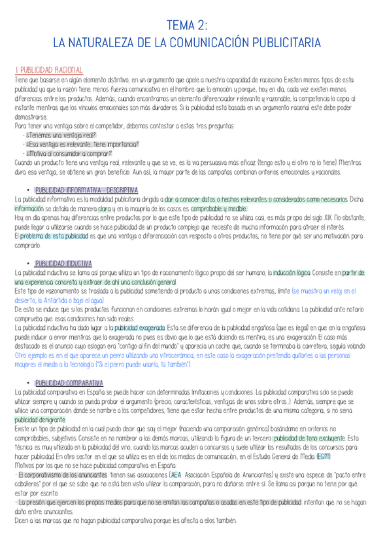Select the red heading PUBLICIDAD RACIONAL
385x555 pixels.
pos(48,69)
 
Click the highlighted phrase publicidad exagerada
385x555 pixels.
pos(139,327)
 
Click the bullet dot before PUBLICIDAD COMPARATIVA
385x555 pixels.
pos(24,382)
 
